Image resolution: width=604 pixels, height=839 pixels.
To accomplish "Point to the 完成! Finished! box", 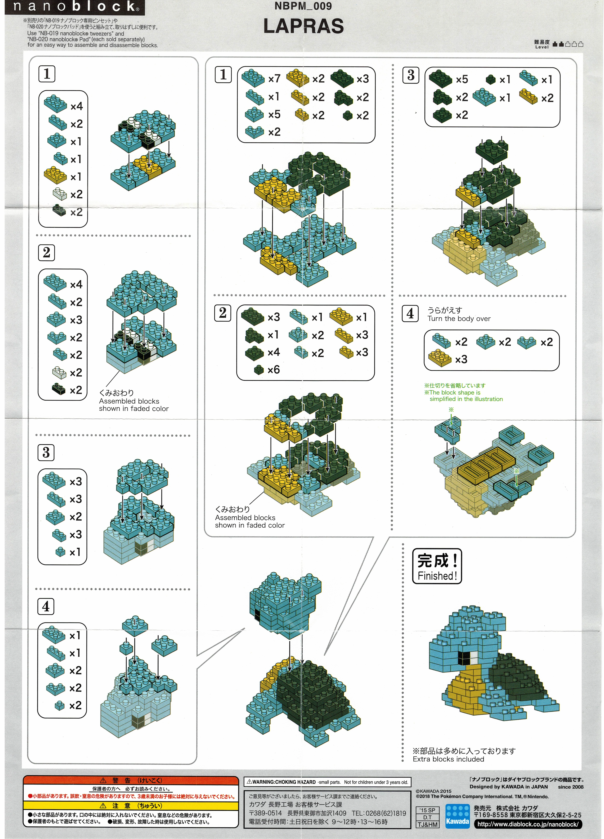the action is tap(437, 566).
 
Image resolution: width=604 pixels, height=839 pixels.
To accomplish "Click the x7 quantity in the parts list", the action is tap(274, 78).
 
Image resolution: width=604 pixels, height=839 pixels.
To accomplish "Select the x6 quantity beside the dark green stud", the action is tap(273, 370).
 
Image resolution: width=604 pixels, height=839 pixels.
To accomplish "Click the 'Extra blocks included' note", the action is tap(448, 759).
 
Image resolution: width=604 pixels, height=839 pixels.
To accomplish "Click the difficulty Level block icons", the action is tap(568, 44).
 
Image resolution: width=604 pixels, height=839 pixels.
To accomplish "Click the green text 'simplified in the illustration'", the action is tap(466, 399).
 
